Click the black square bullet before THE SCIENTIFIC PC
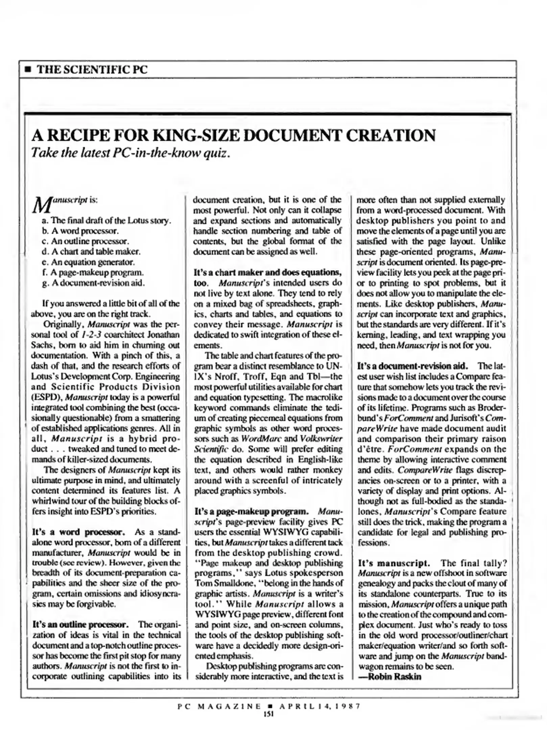click(28, 70)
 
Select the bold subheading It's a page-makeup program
click(251, 511)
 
